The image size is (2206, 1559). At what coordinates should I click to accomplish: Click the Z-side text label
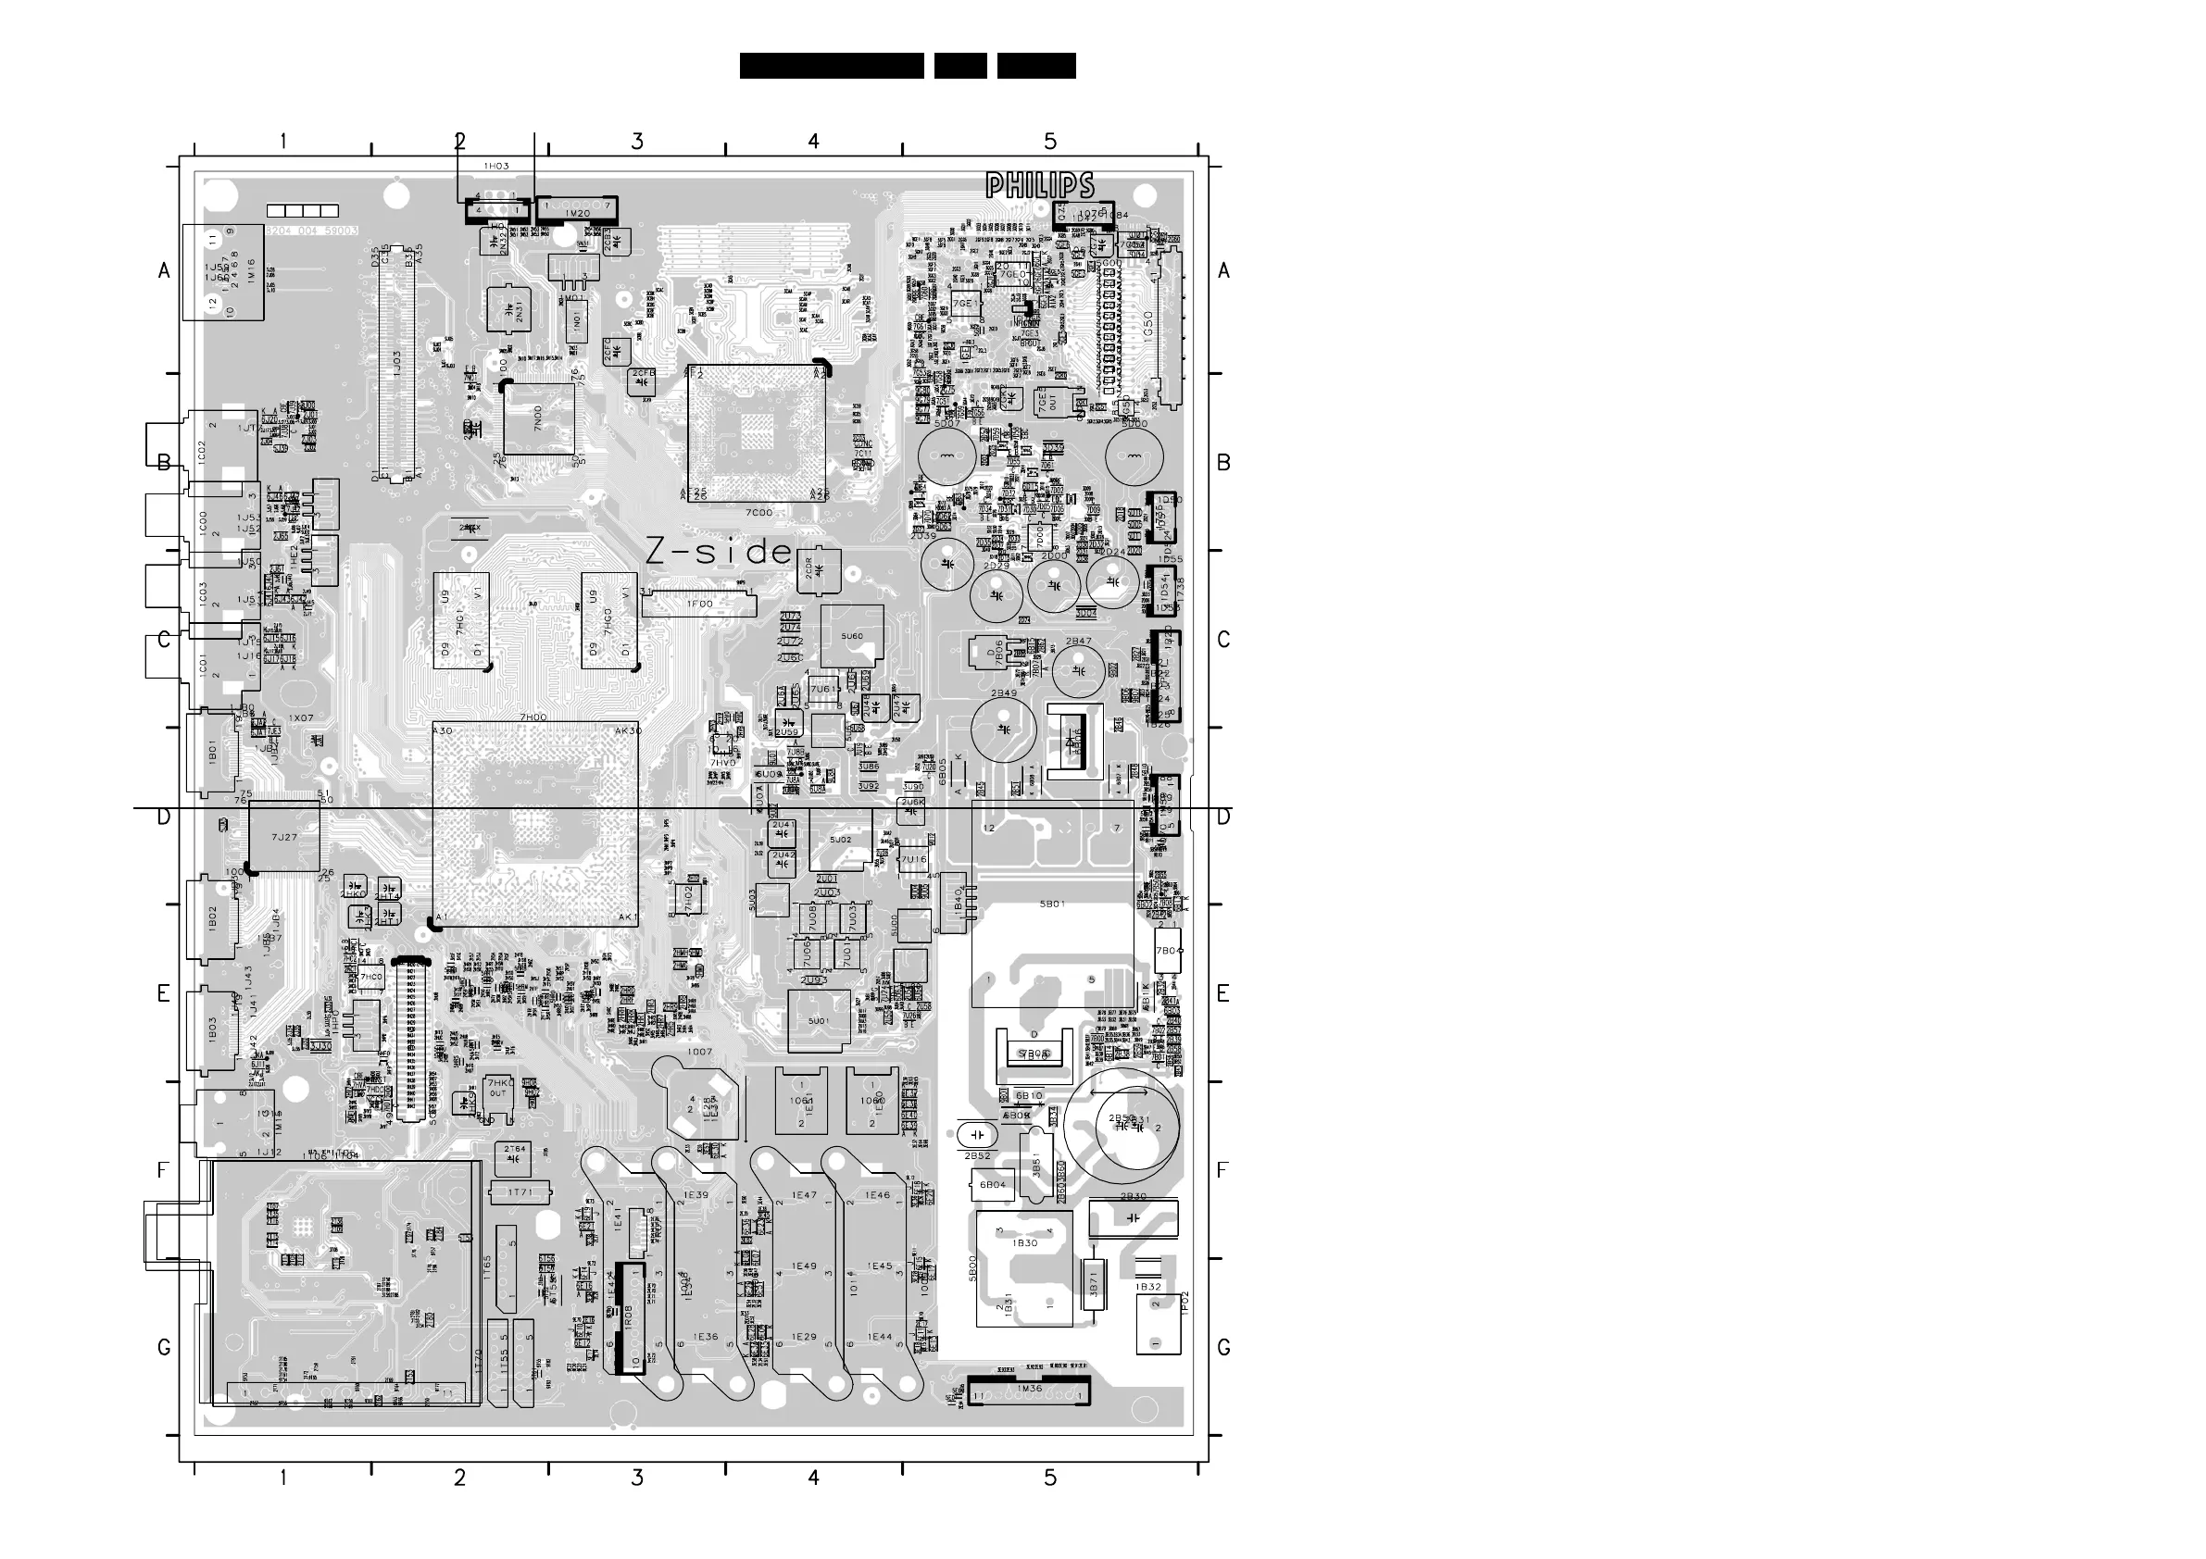[x=720, y=552]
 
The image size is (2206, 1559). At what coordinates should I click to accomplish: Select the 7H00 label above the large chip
[x=533, y=717]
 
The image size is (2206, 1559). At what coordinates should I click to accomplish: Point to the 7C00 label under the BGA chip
[x=759, y=512]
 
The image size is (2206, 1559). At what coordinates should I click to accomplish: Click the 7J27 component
[x=284, y=837]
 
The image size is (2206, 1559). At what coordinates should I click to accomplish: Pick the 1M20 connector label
[x=578, y=212]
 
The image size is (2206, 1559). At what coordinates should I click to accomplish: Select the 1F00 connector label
[x=698, y=605]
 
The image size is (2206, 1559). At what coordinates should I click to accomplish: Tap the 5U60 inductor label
[x=851, y=636]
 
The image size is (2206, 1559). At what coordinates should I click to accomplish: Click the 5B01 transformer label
[x=1052, y=904]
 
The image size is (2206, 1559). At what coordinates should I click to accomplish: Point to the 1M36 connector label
[x=1029, y=1388]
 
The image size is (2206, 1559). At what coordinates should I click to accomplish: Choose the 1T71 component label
[x=520, y=1193]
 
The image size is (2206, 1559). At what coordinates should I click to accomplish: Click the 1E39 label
[x=696, y=1195]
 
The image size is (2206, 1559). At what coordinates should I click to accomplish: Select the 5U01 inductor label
[x=819, y=1020]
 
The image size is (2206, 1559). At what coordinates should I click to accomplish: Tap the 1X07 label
[x=301, y=717]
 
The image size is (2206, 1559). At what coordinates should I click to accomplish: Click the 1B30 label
[x=1026, y=1243]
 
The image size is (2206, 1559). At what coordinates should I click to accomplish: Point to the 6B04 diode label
[x=993, y=1184]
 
